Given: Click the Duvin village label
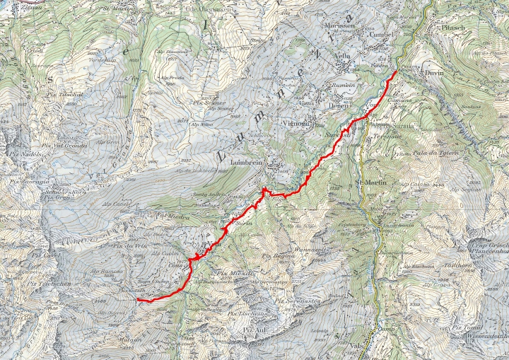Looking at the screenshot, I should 434,73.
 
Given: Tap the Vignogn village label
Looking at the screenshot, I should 296,122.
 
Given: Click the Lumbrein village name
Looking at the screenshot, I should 245,163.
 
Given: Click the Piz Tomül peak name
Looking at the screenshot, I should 467,328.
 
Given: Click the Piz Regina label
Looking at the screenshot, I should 277,256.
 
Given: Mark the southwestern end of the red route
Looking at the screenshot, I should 137,300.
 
